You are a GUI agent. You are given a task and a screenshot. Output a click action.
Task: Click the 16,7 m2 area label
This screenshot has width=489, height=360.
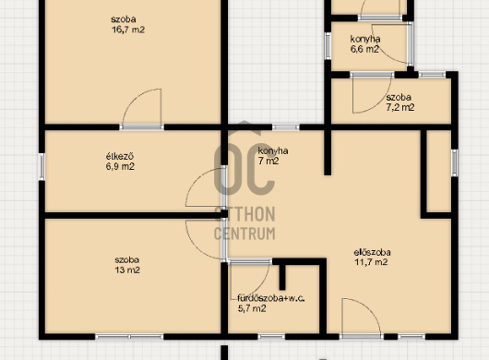[128, 30]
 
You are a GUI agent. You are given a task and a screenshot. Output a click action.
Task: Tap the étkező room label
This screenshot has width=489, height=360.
[120, 156]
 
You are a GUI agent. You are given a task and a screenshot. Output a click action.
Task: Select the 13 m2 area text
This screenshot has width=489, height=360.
[127, 270]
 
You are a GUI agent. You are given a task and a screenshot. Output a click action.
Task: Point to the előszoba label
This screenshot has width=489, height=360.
[373, 252]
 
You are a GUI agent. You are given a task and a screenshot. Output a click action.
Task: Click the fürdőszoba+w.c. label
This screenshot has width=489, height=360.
[271, 298]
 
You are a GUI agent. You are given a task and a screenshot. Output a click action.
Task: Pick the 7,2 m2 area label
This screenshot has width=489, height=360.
[400, 107]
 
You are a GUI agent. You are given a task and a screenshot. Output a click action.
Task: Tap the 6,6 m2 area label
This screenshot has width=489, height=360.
[364, 49]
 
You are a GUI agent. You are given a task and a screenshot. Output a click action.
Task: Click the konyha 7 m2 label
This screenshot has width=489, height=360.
[273, 156]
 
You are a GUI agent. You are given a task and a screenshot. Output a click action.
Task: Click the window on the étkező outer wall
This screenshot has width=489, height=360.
[42, 166]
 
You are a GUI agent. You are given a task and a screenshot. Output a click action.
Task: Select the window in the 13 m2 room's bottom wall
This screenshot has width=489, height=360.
[129, 337]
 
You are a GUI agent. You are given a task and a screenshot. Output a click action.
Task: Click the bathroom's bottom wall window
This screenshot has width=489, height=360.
[271, 337]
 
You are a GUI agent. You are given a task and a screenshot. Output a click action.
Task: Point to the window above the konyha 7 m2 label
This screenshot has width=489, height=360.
[286, 127]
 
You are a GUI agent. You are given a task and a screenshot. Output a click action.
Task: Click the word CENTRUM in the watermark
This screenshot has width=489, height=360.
[244, 234]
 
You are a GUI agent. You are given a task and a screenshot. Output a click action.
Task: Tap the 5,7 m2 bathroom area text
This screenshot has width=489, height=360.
[252, 309]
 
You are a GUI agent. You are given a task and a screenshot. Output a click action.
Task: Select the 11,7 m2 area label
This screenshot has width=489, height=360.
[371, 262]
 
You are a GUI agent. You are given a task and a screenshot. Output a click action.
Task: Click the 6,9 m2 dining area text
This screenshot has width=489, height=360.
[120, 166]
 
